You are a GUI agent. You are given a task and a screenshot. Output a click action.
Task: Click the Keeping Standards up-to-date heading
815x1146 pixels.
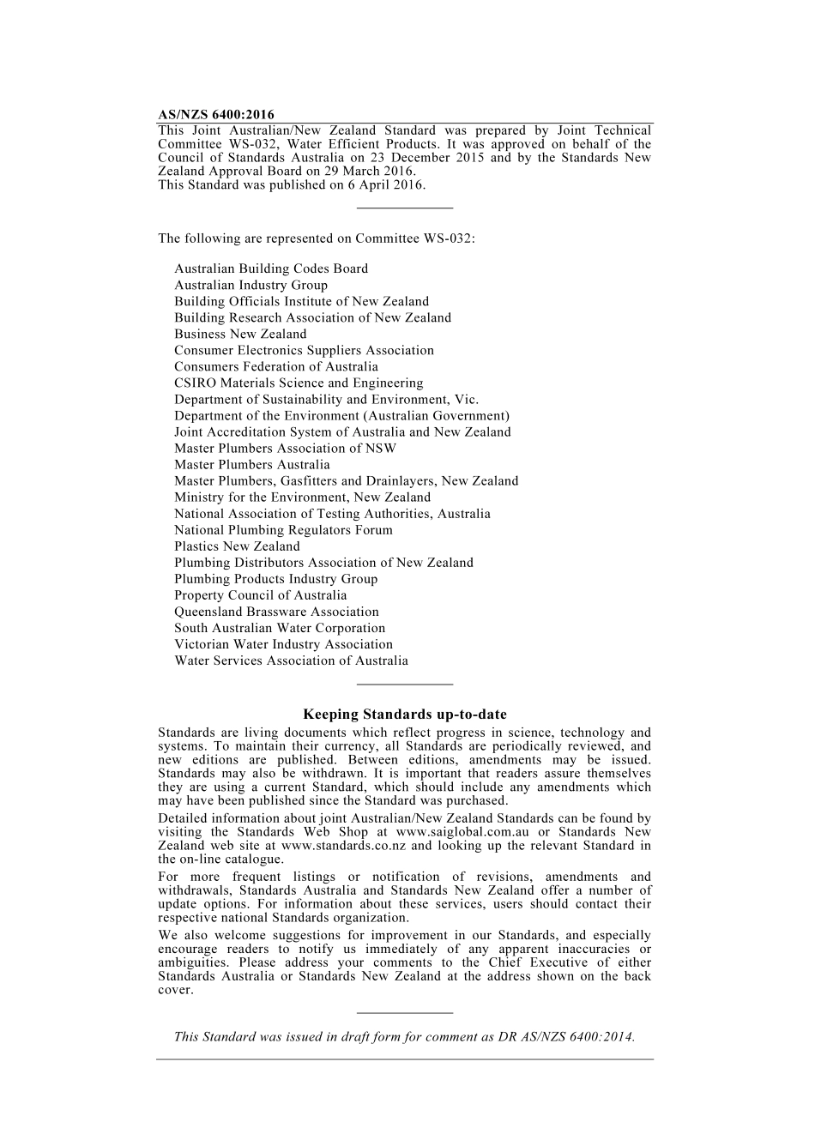coord(405,714)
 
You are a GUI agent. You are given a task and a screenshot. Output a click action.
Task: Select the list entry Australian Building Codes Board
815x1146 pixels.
coord(271,268)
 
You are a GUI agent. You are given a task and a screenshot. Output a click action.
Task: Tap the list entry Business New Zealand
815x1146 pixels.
coord(240,334)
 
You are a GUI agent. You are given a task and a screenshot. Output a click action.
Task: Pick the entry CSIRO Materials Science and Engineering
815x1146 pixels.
coord(299,383)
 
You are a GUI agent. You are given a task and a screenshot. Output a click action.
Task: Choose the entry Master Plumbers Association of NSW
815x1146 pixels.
coord(285,448)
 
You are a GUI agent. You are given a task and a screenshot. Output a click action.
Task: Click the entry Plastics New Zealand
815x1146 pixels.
coord(237,546)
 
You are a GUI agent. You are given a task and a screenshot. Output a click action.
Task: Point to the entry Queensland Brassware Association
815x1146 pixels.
coord(276,612)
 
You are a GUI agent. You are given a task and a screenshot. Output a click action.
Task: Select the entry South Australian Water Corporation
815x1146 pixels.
coord(280,628)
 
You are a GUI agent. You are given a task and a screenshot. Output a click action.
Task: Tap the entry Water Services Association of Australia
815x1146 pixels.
coord(291,660)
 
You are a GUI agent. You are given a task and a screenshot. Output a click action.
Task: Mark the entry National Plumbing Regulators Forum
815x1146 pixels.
coord(283,529)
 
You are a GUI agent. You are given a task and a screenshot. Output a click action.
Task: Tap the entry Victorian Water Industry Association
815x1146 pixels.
coord(283,644)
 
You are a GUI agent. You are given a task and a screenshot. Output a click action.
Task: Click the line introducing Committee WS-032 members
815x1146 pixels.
coord(316,238)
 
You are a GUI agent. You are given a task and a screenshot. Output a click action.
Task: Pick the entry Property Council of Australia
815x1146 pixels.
coord(261,595)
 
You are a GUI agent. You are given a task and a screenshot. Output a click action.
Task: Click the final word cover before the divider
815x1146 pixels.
coord(175,990)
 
